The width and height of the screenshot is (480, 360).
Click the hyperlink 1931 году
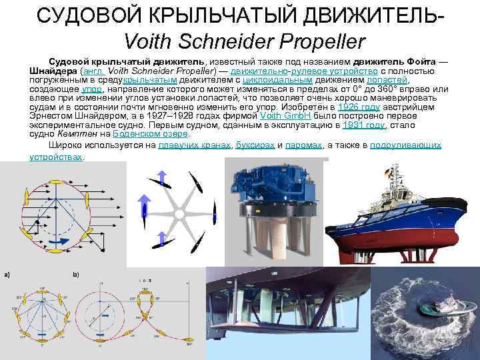point(367,125)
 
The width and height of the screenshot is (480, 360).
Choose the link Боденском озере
point(151,134)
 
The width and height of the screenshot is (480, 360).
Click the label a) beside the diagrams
point(6,275)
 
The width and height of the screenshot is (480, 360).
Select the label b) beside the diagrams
point(75,275)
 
